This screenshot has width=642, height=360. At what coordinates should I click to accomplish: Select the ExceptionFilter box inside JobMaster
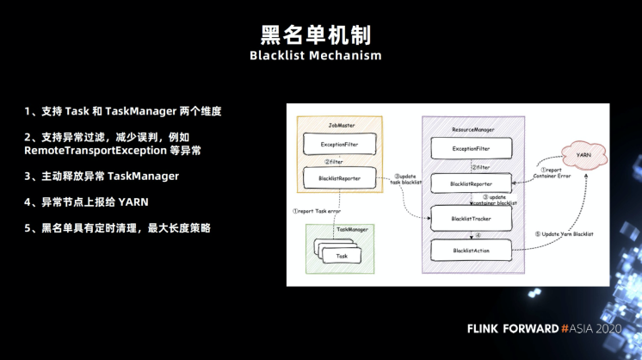pyautogui.click(x=339, y=144)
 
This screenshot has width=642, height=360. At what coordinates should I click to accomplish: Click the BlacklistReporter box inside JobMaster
pyautogui.click(x=339, y=178)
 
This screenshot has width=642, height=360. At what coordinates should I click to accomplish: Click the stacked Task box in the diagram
pyautogui.click(x=342, y=256)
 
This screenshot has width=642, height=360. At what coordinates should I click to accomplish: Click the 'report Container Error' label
pyautogui.click(x=551, y=175)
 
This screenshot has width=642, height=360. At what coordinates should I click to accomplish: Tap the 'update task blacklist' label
pyautogui.click(x=405, y=179)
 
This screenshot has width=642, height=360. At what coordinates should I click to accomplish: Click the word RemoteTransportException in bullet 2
pyautogui.click(x=98, y=150)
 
